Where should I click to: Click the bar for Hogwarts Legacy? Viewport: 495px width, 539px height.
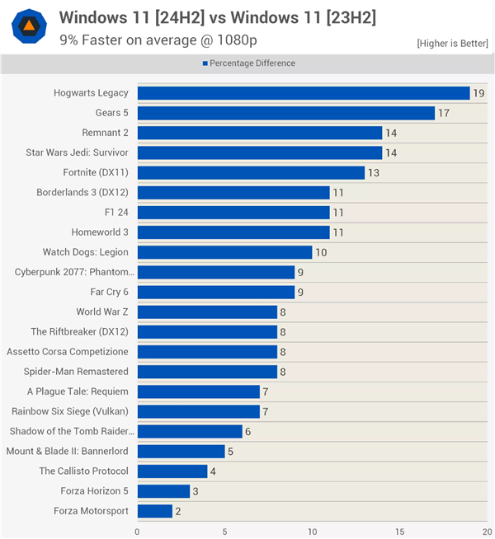tap(303, 93)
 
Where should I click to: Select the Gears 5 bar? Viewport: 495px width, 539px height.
tap(285, 113)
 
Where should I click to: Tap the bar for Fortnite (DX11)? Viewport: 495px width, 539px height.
tap(251, 172)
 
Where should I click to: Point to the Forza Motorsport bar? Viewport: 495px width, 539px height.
tap(154, 511)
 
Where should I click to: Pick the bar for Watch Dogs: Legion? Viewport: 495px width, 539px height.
tap(224, 252)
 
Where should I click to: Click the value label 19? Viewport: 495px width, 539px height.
tap(479, 93)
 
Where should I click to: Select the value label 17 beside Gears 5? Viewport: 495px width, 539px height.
tap(444, 113)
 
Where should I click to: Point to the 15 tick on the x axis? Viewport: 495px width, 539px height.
tap(399, 532)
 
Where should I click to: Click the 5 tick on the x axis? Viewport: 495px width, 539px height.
tap(224, 532)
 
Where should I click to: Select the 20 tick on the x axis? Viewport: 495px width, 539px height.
tap(487, 532)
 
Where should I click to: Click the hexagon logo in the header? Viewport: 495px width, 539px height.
tap(29, 26)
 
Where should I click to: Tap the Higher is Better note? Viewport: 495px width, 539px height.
tap(452, 43)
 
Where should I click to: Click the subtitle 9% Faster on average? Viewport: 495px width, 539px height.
tap(136, 39)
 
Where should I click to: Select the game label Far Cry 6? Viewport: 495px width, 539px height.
tap(104, 292)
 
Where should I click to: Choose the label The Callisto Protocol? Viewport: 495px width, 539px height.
tap(83, 471)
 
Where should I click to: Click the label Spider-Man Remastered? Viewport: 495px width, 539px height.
tap(76, 372)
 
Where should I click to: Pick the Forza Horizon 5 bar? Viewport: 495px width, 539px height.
tap(163, 491)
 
